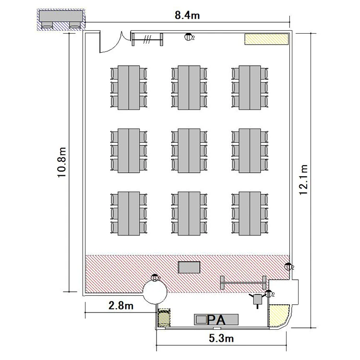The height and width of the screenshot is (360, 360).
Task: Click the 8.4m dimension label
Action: (x=187, y=15)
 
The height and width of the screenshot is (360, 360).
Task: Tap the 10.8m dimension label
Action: (x=62, y=162)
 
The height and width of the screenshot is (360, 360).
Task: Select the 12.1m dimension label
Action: (x=303, y=180)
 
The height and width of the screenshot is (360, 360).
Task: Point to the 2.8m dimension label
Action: (x=121, y=306)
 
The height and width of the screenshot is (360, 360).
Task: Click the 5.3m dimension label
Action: (x=221, y=338)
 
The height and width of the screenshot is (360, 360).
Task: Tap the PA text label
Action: (x=216, y=320)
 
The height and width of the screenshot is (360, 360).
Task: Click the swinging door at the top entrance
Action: (x=112, y=42)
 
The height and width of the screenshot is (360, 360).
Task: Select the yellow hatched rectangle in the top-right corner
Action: (x=266, y=39)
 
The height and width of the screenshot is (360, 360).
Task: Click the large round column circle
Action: (x=155, y=292)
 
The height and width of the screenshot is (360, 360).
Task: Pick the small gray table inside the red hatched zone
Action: (x=189, y=267)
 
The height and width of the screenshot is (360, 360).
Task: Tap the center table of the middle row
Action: (x=189, y=151)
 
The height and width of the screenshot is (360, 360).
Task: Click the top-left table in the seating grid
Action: (x=129, y=87)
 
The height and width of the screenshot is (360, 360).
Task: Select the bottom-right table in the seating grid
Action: (x=250, y=214)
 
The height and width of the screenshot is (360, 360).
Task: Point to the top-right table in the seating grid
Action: (x=250, y=87)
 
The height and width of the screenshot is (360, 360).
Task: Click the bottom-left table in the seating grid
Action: (x=129, y=214)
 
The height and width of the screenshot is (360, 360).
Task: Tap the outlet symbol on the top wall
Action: (x=188, y=37)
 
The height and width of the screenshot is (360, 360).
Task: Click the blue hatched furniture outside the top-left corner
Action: (x=61, y=20)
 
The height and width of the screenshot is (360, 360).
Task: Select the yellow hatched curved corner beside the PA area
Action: (x=278, y=315)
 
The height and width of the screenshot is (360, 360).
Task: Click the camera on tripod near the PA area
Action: (x=257, y=300)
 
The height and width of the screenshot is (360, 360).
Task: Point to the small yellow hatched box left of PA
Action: (x=164, y=318)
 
